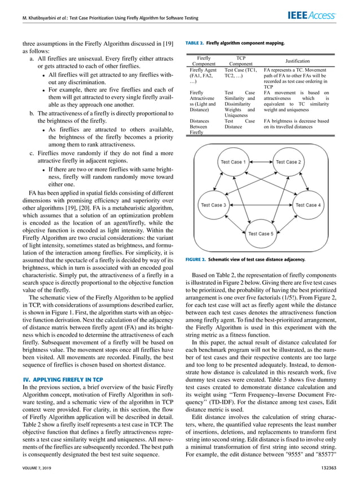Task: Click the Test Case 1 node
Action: click(232, 162)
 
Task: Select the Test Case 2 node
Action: click(288, 162)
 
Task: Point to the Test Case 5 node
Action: click(260, 233)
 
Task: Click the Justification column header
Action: click(298, 60)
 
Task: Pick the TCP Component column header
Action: click(240, 60)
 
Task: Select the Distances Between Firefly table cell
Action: click(200, 127)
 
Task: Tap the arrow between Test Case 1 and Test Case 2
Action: click(260, 162)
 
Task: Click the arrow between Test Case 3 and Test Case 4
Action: click(260, 205)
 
